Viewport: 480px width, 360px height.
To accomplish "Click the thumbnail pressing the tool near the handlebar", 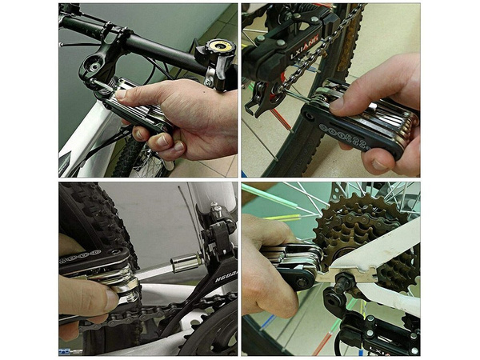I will click(121, 95).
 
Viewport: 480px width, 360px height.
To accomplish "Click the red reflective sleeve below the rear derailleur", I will click(324, 344).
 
